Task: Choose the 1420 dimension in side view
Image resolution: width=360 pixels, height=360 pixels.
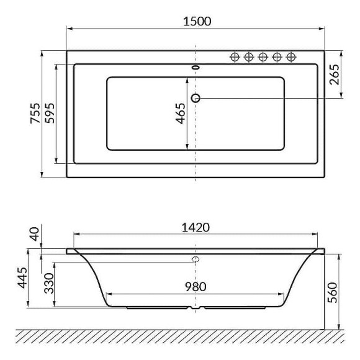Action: tap(196, 227)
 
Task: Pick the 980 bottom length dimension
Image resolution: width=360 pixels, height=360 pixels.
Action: tap(196, 287)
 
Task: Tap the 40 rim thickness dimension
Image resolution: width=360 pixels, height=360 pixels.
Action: tap(34, 235)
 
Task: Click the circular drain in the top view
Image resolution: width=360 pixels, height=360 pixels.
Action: tap(196, 98)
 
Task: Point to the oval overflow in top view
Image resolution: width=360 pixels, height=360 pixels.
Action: tap(196, 68)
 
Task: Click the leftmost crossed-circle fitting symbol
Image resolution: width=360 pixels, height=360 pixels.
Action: tap(235, 57)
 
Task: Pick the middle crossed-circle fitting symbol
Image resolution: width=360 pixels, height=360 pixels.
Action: tap(262, 57)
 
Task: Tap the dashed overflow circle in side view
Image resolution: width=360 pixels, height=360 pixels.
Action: tap(196, 259)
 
